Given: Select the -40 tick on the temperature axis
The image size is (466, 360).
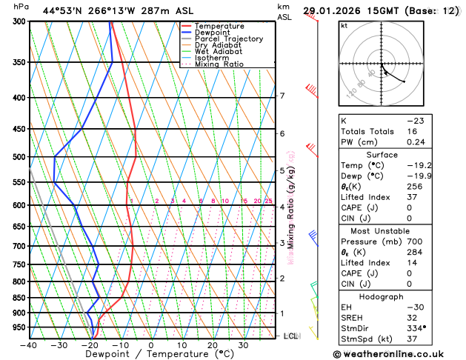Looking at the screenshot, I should pyautogui.click(x=29, y=345).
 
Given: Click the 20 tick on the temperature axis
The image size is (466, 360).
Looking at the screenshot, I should pyautogui.click(x=212, y=345).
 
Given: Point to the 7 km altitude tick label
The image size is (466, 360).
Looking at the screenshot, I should pyautogui.click(x=282, y=96).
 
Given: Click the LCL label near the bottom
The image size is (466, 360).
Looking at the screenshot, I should pyautogui.click(x=291, y=336).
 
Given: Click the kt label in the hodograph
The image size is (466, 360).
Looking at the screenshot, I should pyautogui.click(x=344, y=25).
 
